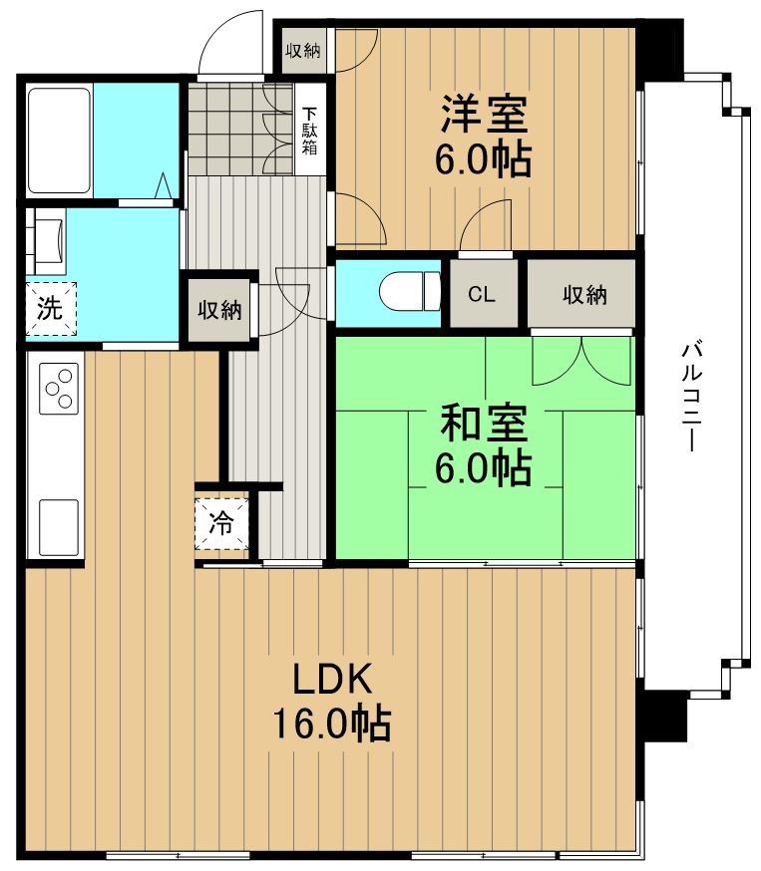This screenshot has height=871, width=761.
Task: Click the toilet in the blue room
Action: pos(409,292)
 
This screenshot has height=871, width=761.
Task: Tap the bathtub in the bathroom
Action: pos(60,140)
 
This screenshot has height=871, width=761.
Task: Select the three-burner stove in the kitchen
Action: pos(59,388)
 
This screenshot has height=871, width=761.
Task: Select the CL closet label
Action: pos(483,294)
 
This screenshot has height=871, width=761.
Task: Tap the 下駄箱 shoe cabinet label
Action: pos(310,131)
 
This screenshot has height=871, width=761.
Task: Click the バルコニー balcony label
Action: pos(690,397)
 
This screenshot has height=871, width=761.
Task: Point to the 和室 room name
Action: pos(483,425)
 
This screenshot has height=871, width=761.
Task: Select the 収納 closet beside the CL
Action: pos(583,294)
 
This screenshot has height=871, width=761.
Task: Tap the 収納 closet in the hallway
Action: pos(218,310)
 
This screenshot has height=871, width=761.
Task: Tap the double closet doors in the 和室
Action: pos(581,361)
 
